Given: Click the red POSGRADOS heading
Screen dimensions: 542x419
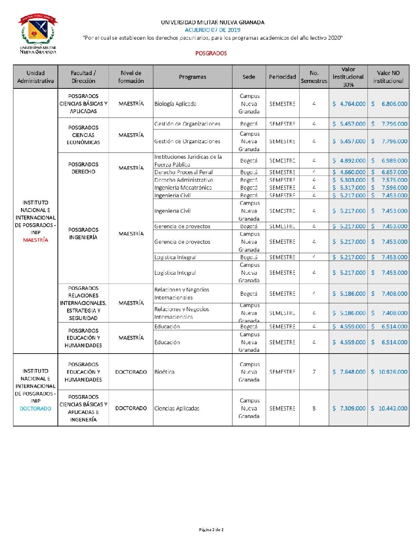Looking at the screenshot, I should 211,54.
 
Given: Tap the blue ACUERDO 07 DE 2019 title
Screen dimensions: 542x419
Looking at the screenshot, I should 212,30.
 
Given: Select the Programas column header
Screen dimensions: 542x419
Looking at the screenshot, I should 192,77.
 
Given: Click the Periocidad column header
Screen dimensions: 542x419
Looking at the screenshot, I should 282,77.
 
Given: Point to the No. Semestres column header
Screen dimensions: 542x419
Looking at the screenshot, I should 314,77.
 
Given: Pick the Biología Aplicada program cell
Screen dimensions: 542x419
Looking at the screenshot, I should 175,104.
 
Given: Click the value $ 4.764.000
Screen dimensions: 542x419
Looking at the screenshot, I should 349,104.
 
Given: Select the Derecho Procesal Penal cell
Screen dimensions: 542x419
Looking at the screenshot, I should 184,172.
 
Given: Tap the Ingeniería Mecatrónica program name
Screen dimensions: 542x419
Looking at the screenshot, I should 183,188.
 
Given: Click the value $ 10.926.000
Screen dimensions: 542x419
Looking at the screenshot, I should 389,372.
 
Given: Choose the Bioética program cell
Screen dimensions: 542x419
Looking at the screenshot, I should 164,372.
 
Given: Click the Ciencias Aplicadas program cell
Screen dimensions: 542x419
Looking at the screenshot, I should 177,408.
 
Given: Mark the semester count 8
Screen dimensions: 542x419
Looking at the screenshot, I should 314,408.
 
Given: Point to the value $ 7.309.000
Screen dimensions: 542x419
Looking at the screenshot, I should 349,408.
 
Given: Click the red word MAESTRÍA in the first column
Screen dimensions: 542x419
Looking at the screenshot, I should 36,240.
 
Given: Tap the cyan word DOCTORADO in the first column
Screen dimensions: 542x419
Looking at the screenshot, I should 36,409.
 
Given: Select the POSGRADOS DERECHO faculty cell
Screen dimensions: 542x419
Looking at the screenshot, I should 83,168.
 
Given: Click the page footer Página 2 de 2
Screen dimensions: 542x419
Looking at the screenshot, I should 211,530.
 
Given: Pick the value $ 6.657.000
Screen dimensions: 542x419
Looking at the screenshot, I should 389,172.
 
